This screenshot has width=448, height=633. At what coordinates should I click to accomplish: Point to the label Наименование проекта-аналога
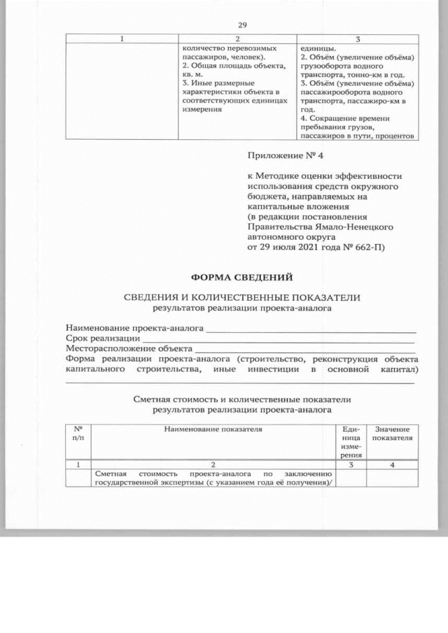point(134,327)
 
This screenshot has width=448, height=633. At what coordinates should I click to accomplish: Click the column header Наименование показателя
point(213,429)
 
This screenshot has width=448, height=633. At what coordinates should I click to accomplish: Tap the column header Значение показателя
point(392,433)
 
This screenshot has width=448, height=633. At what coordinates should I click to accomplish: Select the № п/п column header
point(78,433)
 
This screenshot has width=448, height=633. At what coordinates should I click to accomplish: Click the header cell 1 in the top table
point(123,38)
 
